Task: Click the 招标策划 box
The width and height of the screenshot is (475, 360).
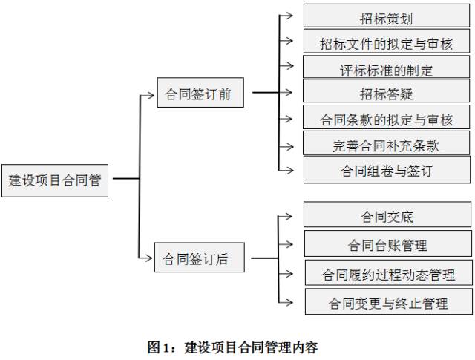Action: pos(387,16)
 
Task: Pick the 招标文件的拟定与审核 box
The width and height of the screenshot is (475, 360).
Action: pos(387,42)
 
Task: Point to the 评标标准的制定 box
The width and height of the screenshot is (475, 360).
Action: pos(387,68)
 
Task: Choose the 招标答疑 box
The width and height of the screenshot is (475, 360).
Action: pos(387,93)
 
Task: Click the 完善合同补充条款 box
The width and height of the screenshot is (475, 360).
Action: pos(387,144)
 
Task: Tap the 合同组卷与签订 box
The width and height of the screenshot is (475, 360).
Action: pos(387,170)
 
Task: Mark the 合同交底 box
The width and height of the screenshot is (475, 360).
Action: pos(387,216)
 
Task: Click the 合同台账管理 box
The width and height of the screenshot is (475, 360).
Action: pos(387,244)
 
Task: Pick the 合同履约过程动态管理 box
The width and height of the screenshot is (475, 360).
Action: pos(387,273)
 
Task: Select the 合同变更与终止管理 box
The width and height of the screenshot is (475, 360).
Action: pos(387,302)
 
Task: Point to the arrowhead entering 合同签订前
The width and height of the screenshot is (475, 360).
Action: pos(152,94)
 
